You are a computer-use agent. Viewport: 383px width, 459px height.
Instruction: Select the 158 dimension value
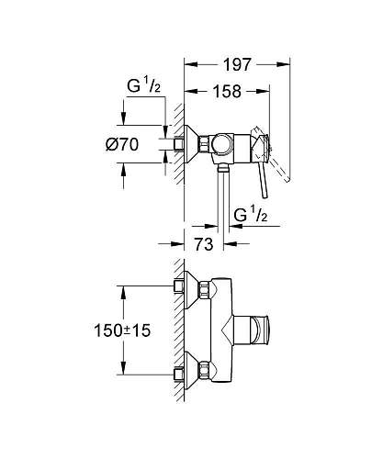[227, 92]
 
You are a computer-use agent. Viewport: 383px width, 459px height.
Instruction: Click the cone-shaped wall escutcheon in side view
[191, 145]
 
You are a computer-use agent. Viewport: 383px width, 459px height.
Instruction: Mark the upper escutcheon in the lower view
[190, 286]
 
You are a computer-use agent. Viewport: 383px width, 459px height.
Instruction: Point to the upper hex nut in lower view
[178, 286]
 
